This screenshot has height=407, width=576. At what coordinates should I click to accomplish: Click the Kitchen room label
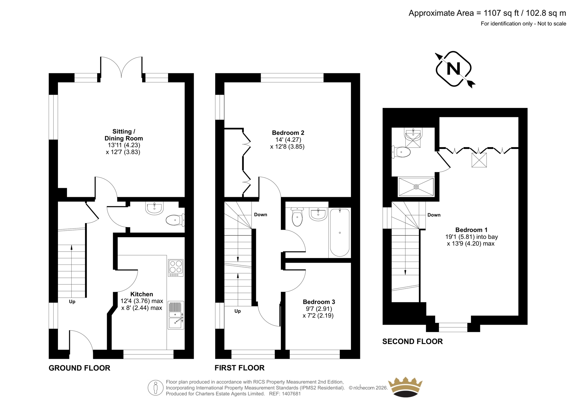142,294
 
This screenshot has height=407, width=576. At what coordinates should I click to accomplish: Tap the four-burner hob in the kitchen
176,268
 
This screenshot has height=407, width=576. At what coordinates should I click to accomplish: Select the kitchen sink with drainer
176,315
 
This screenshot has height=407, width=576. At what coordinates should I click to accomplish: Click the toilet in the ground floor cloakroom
175,220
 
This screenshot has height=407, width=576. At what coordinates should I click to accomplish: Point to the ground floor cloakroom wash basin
154,208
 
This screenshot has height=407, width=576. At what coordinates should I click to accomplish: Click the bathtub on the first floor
340,232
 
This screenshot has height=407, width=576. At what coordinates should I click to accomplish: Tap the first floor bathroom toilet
297,217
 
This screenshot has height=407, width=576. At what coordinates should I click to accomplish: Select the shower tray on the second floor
416,187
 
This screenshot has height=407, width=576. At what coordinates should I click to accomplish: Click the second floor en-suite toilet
401,152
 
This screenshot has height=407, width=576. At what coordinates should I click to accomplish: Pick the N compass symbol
454,69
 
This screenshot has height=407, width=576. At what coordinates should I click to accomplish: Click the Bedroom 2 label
288,133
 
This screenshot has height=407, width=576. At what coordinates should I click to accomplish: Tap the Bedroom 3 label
319,302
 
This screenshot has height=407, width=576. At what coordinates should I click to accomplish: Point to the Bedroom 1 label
471,230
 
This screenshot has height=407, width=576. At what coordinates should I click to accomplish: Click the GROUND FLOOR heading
80,368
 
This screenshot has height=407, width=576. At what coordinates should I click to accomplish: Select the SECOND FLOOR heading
413,342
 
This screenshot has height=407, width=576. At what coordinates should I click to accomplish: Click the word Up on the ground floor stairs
72,302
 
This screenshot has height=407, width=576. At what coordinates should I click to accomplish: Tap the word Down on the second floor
434,215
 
